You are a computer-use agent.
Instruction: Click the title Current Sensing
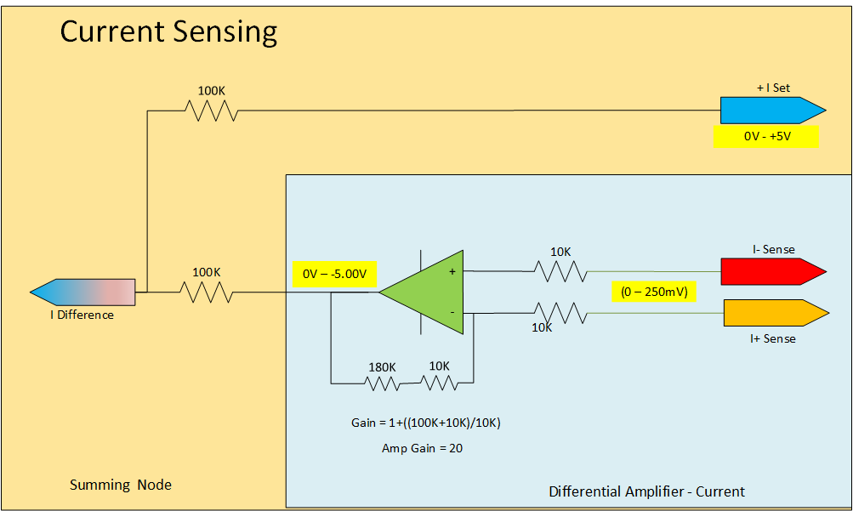[x=168, y=32]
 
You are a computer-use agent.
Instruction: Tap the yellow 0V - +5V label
[x=766, y=136]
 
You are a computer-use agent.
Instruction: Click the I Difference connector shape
[x=83, y=292]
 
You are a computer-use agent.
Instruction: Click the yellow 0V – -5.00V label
[x=334, y=274]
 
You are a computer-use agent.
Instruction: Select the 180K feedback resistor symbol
[x=382, y=383]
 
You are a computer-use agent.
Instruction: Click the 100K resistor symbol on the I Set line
[x=210, y=111]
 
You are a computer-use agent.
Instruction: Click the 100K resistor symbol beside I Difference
[x=206, y=292]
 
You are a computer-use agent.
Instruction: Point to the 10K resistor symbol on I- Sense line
[x=560, y=271]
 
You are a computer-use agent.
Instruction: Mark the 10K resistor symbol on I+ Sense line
[x=560, y=313]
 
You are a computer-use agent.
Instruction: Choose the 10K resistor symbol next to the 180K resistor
[x=440, y=383]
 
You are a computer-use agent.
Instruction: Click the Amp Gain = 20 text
[x=422, y=448]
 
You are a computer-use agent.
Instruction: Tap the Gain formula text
[x=425, y=423]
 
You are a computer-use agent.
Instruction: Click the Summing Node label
[x=121, y=485]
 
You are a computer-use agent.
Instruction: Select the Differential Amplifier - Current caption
[x=646, y=491]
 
